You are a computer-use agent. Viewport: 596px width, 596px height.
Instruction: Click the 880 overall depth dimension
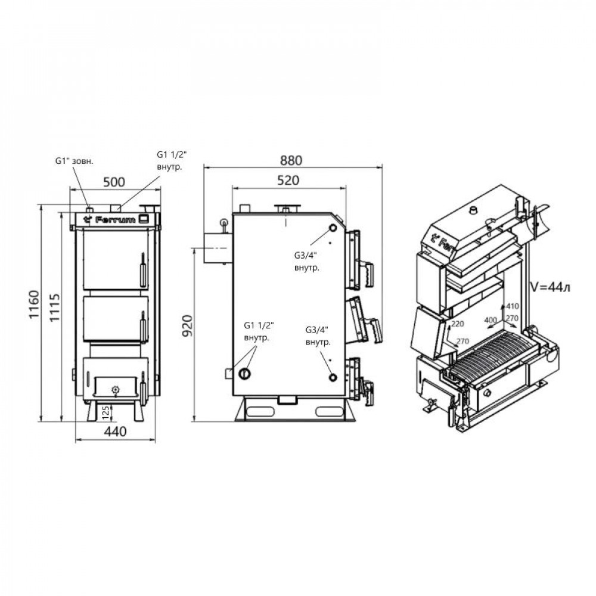coord(291,160)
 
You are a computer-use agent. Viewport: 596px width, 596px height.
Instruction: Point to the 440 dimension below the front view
coord(116,433)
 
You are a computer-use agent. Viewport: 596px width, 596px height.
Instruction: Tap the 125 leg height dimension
coord(105,411)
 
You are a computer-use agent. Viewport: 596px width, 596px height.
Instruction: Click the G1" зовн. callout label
coord(74,161)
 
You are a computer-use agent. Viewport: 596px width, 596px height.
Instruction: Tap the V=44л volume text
coord(550,288)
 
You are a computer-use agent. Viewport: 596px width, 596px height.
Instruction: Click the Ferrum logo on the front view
coord(111,219)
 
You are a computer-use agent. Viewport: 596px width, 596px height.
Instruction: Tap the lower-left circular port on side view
coord(244,374)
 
